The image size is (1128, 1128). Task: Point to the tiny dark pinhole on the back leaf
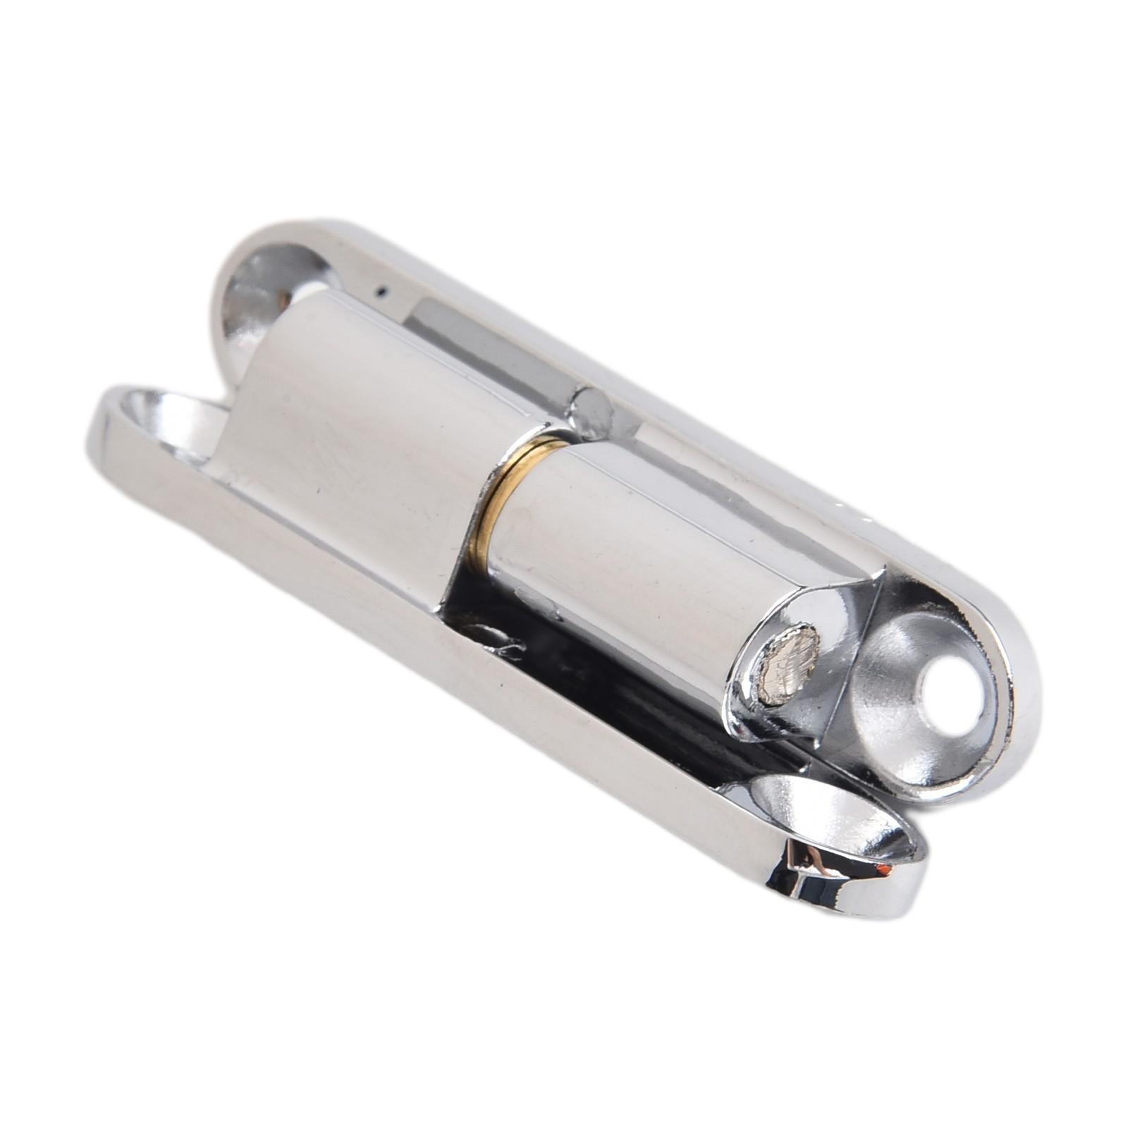[x=381, y=288]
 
